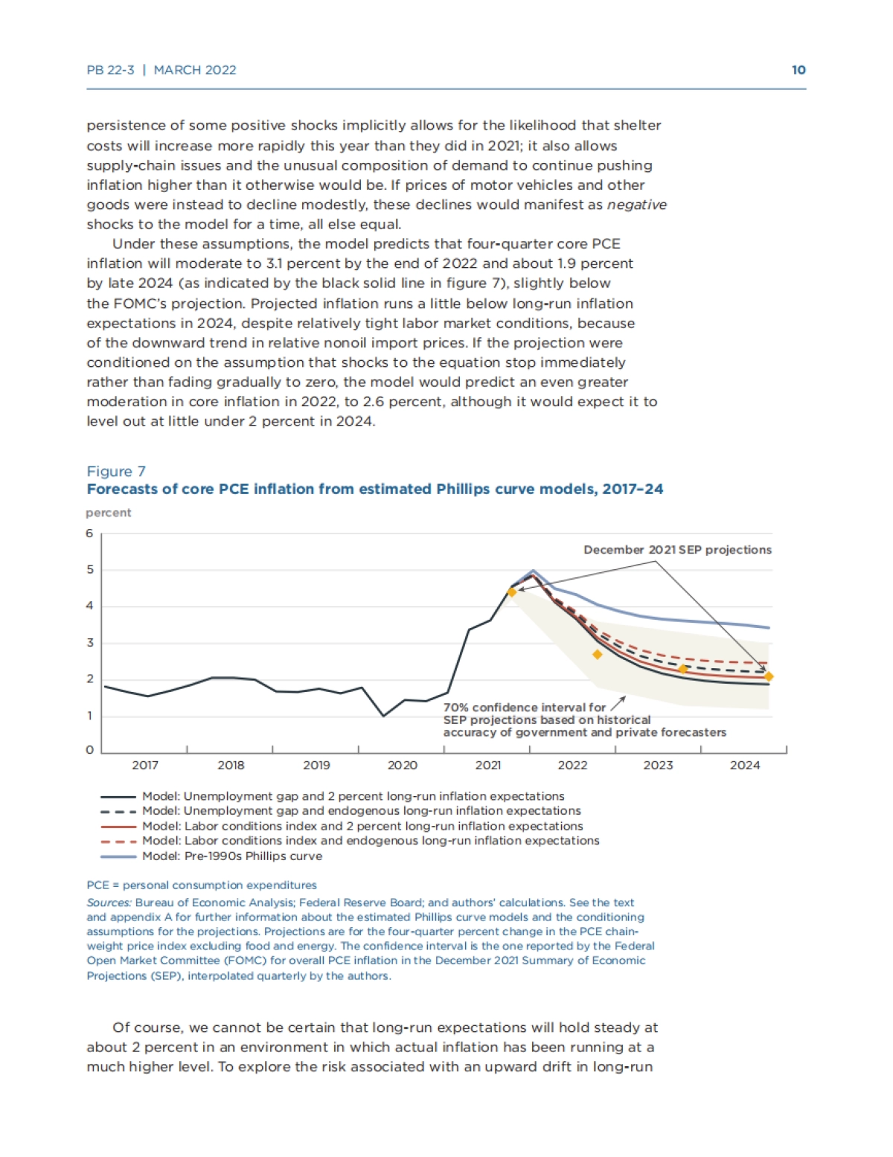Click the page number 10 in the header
(798, 70)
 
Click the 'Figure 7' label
(116, 471)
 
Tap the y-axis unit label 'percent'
(108, 513)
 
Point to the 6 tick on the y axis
(90, 533)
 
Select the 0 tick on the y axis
(90, 750)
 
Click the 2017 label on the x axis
(145, 765)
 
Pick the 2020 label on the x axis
(402, 765)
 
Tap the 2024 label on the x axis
(744, 765)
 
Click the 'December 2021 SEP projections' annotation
(677, 550)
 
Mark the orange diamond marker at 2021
(511, 592)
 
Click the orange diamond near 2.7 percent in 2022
(597, 655)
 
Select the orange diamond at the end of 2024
(769, 676)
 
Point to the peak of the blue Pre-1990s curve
(533, 571)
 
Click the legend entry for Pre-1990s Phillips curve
(232, 856)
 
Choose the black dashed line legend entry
(361, 810)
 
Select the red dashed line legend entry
(370, 841)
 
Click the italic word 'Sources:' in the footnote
(109, 903)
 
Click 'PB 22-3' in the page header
(110, 70)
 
